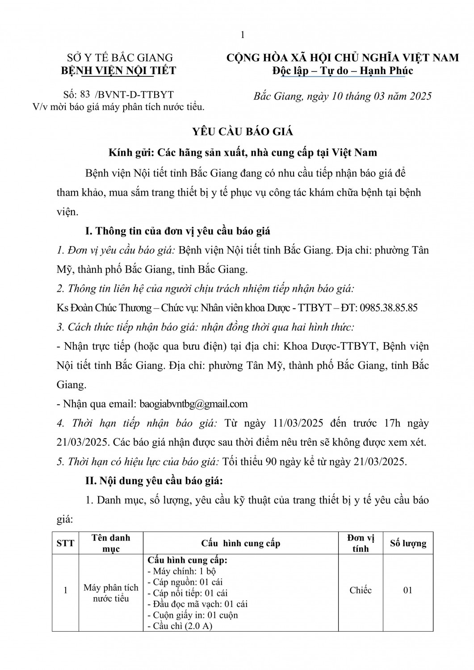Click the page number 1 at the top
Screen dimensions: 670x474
click(243, 35)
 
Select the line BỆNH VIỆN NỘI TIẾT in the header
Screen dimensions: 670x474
click(118, 70)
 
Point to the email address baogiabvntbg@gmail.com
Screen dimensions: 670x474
click(193, 404)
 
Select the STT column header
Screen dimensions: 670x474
click(65, 543)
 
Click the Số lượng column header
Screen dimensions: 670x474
click(408, 543)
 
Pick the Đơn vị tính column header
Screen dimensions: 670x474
click(360, 543)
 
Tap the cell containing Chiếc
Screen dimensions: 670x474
click(360, 590)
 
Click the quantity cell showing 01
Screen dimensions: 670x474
click(407, 590)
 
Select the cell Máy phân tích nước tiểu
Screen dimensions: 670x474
click(111, 593)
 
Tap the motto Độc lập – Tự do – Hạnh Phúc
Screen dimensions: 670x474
click(343, 71)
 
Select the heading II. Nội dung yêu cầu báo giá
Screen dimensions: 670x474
click(154, 481)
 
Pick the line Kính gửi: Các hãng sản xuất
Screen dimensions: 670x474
click(243, 153)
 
